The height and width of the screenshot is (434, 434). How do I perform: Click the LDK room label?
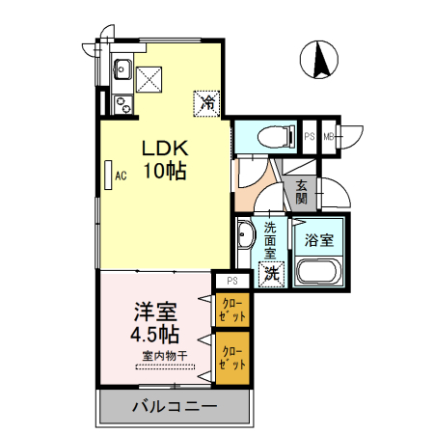[x=165, y=149]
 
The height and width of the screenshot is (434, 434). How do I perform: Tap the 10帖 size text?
[x=165, y=173]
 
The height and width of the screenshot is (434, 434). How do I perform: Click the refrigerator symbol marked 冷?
[x=207, y=100]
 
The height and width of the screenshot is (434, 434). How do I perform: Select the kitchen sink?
[x=122, y=68]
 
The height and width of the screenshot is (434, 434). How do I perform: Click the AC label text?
[x=122, y=176]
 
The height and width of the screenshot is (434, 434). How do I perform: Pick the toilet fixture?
[x=277, y=137]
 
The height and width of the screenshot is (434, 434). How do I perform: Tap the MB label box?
[x=329, y=137]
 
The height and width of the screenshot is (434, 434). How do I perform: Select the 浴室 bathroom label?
[x=319, y=238]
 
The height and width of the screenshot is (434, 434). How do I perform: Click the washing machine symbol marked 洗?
[x=272, y=273]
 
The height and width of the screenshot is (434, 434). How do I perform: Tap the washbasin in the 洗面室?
[x=244, y=234]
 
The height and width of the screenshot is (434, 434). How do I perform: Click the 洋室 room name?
[x=154, y=312]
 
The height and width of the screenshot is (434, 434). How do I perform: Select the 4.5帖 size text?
[x=154, y=335]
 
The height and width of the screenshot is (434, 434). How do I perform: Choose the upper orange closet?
[x=232, y=310]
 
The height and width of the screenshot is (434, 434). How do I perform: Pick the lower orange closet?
[x=232, y=359]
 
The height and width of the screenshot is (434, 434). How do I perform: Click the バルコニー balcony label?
[x=173, y=407]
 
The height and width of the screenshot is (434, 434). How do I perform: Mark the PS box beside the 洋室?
[x=231, y=281]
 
